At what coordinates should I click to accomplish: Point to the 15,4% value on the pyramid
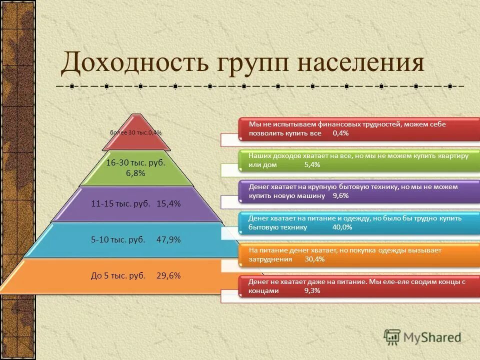coord(168,204)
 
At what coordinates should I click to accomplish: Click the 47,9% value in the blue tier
coord(168,239)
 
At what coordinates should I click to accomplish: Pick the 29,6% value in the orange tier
coord(168,275)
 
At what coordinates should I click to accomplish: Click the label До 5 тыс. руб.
coord(118,275)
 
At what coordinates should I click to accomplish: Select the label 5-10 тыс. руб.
coord(118,239)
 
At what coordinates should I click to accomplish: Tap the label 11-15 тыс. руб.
coord(120,204)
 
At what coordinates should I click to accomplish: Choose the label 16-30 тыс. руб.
coord(136,163)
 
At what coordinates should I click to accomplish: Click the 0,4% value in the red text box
coord(340,133)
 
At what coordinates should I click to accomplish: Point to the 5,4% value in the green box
coord(312,164)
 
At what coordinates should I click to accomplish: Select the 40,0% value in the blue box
coord(342,227)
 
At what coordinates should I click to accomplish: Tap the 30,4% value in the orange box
coord(314,259)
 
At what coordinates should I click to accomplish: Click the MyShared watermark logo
coord(422,337)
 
